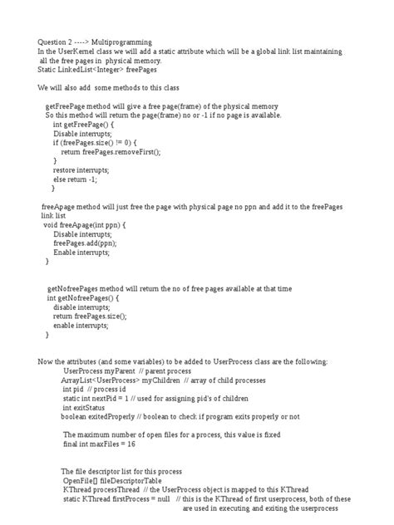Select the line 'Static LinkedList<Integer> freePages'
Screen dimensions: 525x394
[x=95, y=69]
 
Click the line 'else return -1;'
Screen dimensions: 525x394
[x=76, y=179]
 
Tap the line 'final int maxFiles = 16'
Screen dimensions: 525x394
[x=99, y=444]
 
